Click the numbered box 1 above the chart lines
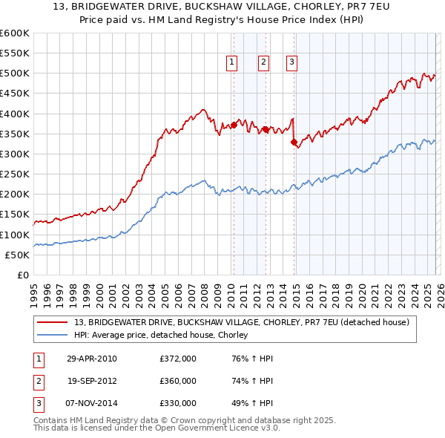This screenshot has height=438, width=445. [233, 63]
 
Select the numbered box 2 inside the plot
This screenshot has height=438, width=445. [264, 63]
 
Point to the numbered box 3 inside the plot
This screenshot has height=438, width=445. [292, 63]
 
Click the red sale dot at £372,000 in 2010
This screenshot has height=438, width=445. [234, 125]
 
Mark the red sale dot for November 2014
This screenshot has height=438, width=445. [294, 142]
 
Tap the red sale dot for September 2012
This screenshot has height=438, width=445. [266, 129]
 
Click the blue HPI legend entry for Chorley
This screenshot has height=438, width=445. [165, 335]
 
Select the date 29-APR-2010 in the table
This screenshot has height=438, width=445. [90, 359]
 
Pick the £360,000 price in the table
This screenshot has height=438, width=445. [178, 381]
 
